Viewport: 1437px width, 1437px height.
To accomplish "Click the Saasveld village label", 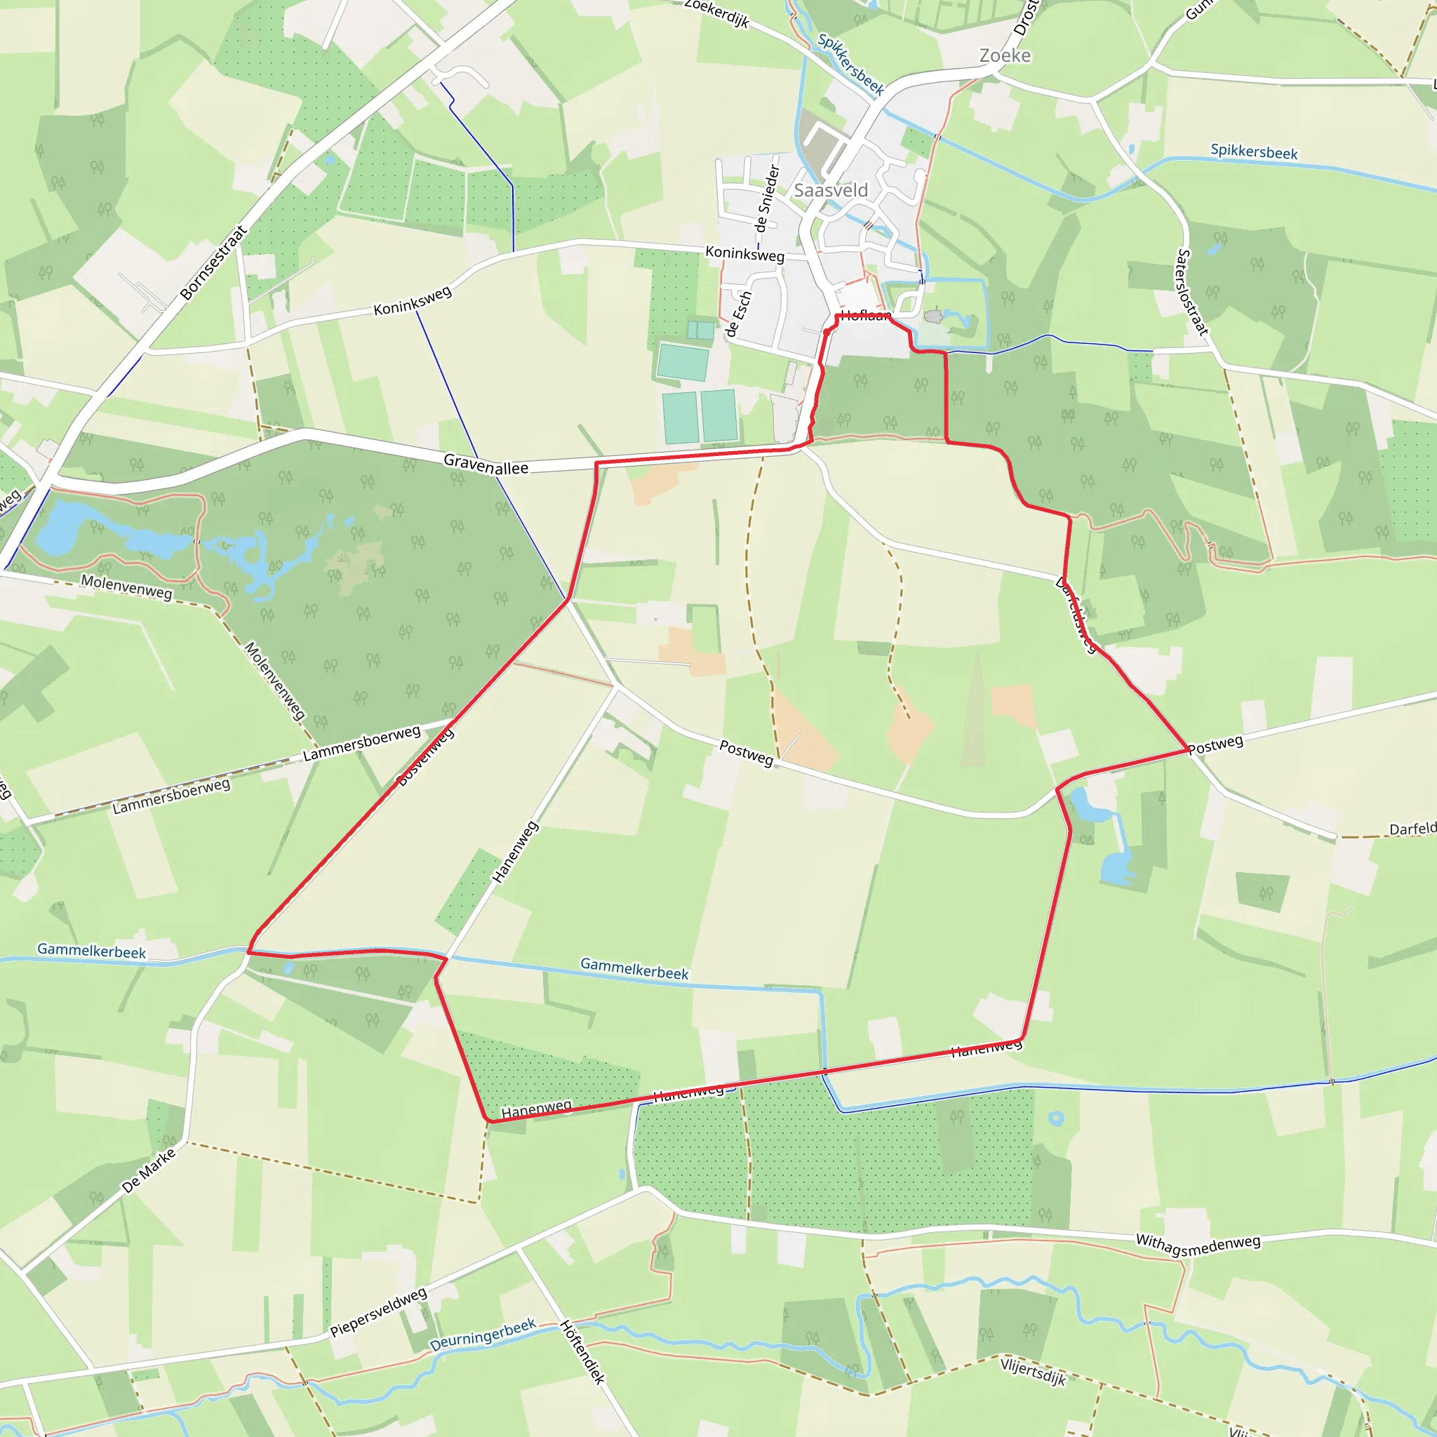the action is [831, 190].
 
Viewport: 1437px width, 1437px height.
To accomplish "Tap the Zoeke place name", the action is [1005, 56].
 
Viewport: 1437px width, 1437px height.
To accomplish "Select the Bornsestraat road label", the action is [213, 263].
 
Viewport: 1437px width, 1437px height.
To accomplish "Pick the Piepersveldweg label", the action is [379, 1312].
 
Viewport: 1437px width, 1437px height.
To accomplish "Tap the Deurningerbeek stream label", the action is [483, 1335].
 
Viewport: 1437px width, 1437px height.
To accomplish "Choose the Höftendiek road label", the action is [582, 1352].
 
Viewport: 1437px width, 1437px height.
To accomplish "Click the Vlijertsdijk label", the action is [1033, 1371].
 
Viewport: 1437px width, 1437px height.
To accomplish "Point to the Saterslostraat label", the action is [1191, 293].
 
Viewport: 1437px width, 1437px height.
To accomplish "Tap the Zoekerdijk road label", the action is [716, 13].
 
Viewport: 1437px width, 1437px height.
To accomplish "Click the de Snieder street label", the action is [767, 199].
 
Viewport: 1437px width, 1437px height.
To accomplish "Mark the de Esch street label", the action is [739, 314].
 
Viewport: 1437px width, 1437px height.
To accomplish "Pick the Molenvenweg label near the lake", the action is [126, 587].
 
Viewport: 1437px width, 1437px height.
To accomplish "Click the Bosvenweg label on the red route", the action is [425, 758].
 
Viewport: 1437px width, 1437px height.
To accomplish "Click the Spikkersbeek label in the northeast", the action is [1254, 152].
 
